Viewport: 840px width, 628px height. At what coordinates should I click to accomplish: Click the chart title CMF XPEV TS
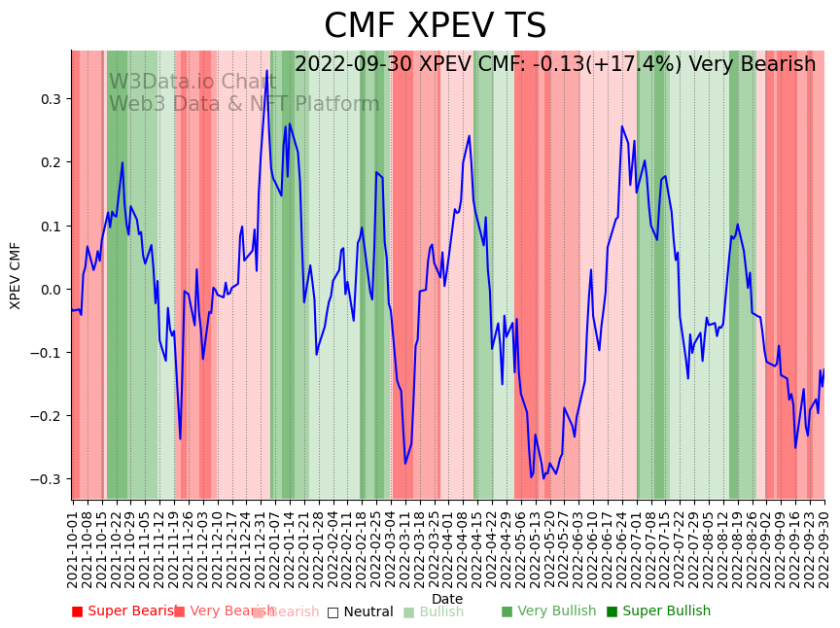(x=435, y=26)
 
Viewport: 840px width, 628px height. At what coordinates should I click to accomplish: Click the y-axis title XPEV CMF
(x=16, y=275)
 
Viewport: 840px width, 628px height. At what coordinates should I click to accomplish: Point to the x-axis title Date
(x=447, y=599)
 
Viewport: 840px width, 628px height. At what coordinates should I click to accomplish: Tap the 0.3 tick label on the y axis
(x=50, y=99)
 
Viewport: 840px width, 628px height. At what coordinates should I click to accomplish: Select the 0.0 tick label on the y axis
(x=50, y=290)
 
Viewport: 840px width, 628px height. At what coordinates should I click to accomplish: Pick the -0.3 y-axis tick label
(x=47, y=479)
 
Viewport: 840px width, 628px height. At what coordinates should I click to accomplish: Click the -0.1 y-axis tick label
(x=47, y=353)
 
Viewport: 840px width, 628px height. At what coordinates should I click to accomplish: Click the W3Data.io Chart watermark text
(x=192, y=82)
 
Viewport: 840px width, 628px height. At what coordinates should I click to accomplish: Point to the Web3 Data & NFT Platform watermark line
(x=244, y=104)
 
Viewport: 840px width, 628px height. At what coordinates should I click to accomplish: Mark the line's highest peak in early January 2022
(x=266, y=74)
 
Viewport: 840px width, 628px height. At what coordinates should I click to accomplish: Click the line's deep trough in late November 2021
(x=180, y=438)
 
